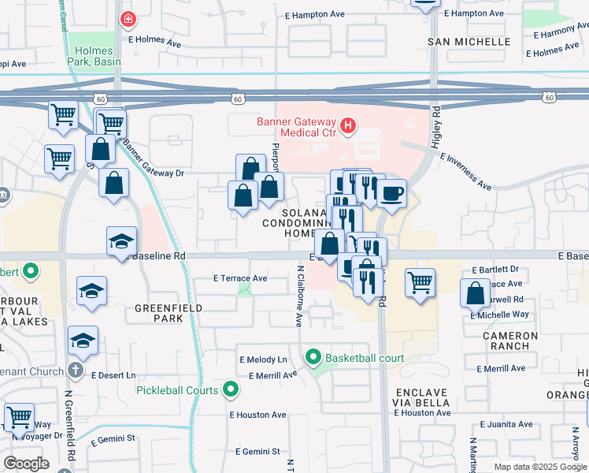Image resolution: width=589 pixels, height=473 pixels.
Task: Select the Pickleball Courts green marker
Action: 231,389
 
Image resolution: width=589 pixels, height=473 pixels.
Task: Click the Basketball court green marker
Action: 313,358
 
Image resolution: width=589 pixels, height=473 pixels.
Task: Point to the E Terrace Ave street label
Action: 240,278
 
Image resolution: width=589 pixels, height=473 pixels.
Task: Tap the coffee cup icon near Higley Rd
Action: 391,192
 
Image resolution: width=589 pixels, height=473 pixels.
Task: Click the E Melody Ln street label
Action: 263,359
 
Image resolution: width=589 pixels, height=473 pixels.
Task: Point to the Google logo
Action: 26,464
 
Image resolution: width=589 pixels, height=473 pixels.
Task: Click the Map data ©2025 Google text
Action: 539,467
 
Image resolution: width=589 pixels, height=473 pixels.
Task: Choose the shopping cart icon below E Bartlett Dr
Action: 420,281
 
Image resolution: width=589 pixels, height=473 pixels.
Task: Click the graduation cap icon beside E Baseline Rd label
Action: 121,240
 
